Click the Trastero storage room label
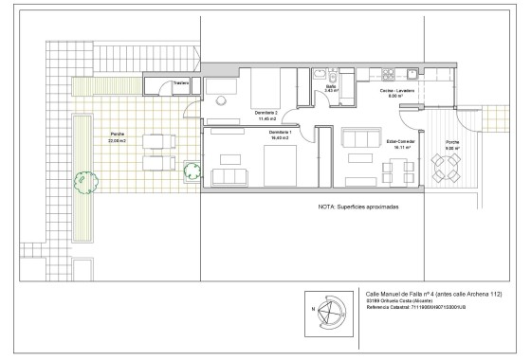point(181,82)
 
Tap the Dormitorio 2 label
point(266,113)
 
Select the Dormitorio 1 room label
point(279,134)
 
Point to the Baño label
point(331,86)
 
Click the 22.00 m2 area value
point(117,140)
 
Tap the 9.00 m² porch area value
point(452,149)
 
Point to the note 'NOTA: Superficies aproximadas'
point(358,206)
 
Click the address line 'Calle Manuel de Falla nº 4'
point(433,295)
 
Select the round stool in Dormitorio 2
point(217,99)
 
